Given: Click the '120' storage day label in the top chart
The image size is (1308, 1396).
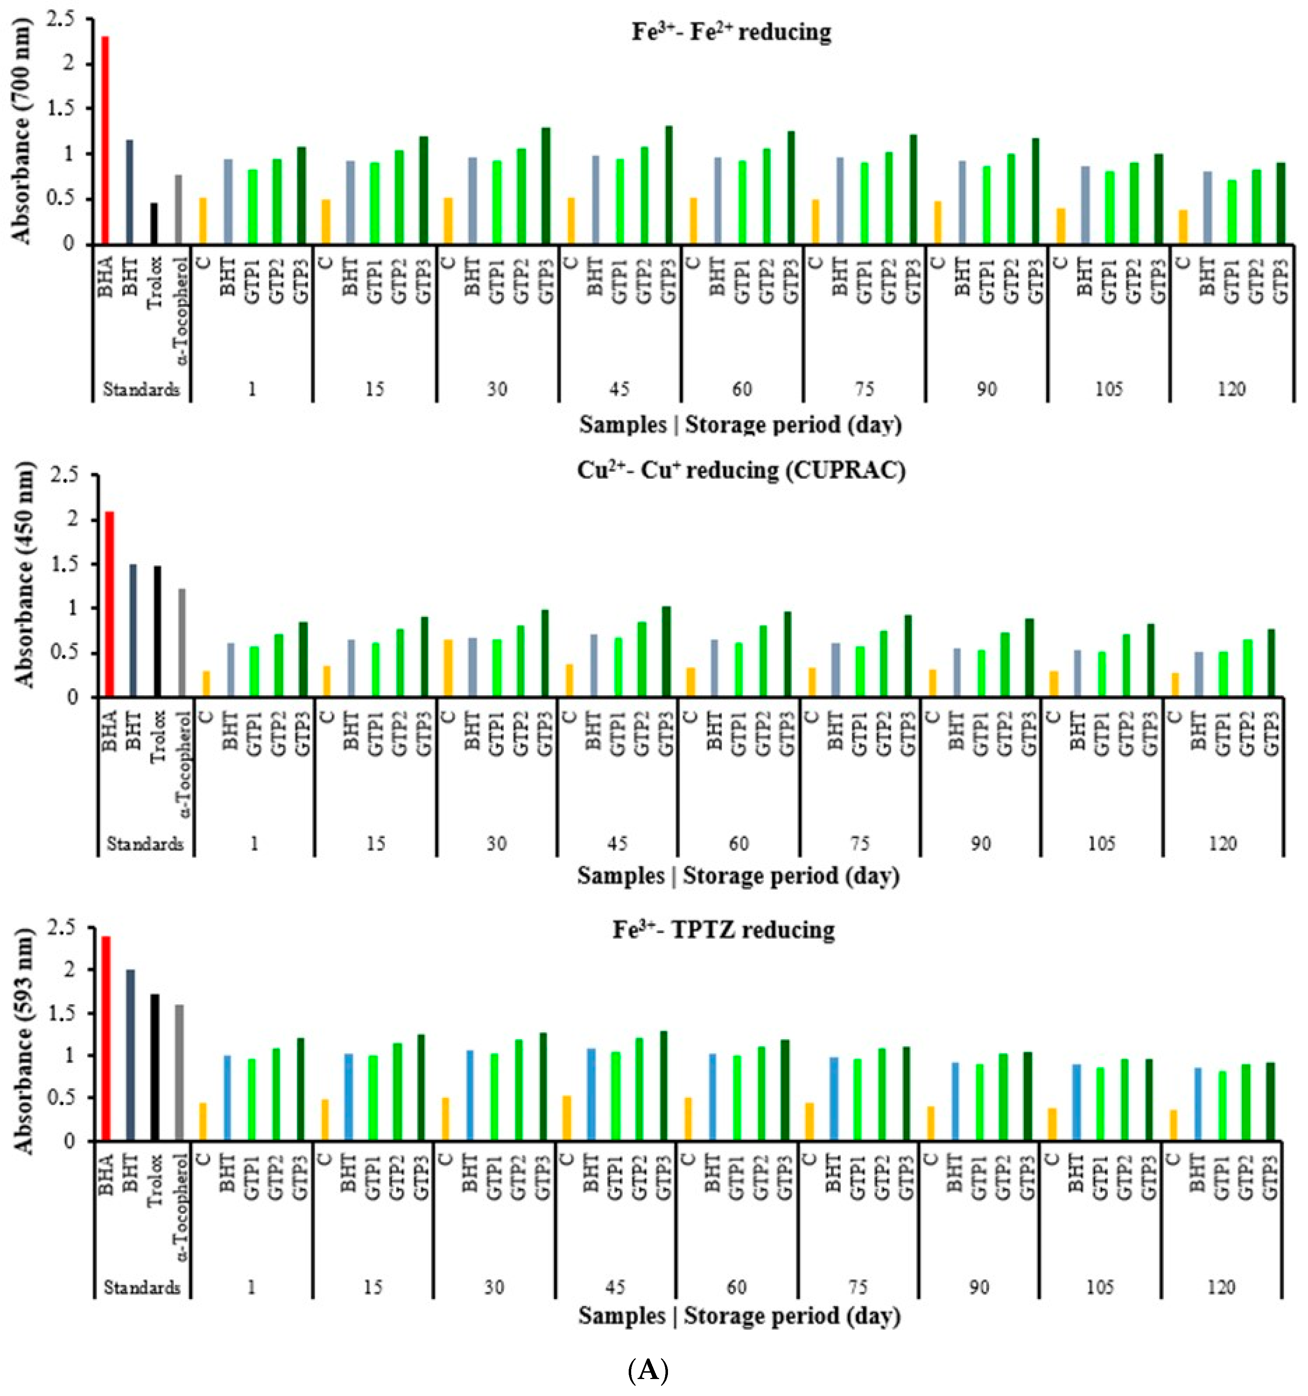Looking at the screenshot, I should tap(1232, 388).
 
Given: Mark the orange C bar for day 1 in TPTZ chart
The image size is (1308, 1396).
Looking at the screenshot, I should tap(203, 1122).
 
